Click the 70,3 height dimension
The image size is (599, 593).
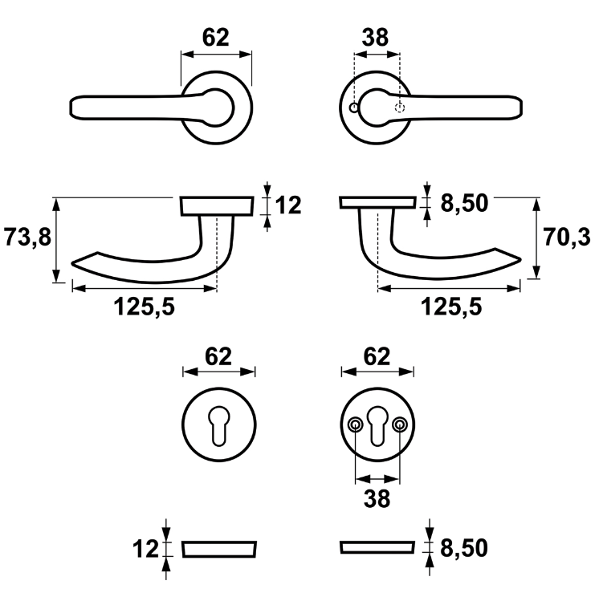click(566, 238)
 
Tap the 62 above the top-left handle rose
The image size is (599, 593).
click(215, 38)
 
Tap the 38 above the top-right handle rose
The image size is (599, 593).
click(375, 38)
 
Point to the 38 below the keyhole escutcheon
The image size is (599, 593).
click(376, 498)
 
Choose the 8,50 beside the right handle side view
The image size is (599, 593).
click(465, 204)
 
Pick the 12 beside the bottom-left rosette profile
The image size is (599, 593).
click(147, 549)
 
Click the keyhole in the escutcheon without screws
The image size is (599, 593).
click(219, 423)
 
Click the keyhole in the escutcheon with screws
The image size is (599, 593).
click(377, 423)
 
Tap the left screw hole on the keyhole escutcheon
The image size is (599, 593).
click(355, 424)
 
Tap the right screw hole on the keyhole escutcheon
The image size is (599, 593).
click(400, 424)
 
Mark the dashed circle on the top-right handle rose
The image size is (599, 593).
click(400, 108)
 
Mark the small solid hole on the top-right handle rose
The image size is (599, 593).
click(354, 107)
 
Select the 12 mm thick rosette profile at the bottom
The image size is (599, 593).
click(219, 549)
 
